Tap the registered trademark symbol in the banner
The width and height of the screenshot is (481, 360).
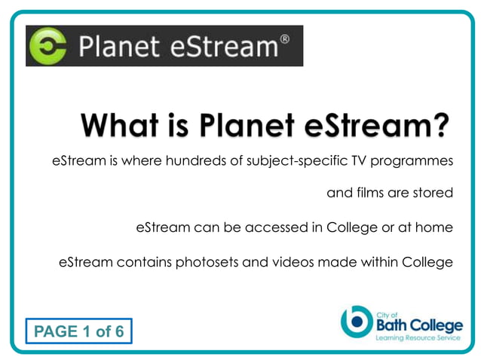(x=283, y=38)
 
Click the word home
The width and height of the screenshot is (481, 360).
(x=436, y=227)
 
